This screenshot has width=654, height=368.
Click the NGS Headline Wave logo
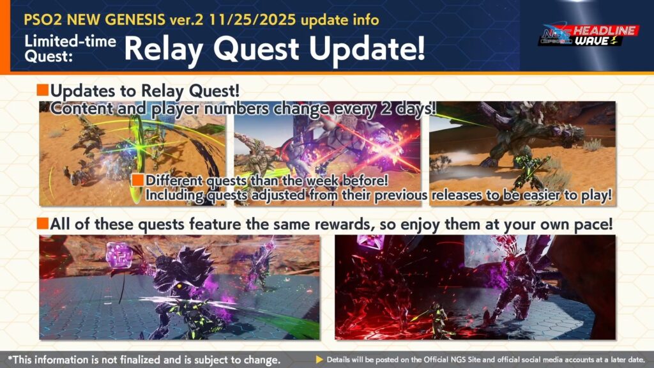click(588, 34)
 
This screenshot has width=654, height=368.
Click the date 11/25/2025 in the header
click(253, 20)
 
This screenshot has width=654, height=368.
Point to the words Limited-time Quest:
click(70, 49)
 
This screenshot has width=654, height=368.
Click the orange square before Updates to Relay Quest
click(43, 90)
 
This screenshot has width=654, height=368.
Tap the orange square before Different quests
click(138, 180)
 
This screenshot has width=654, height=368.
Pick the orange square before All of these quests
click(43, 224)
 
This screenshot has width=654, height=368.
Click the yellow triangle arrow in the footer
click(319, 359)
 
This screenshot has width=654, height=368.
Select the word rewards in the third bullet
click(342, 224)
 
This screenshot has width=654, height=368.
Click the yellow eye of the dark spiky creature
click(180, 286)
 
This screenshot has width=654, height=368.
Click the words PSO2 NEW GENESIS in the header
click(95, 20)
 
